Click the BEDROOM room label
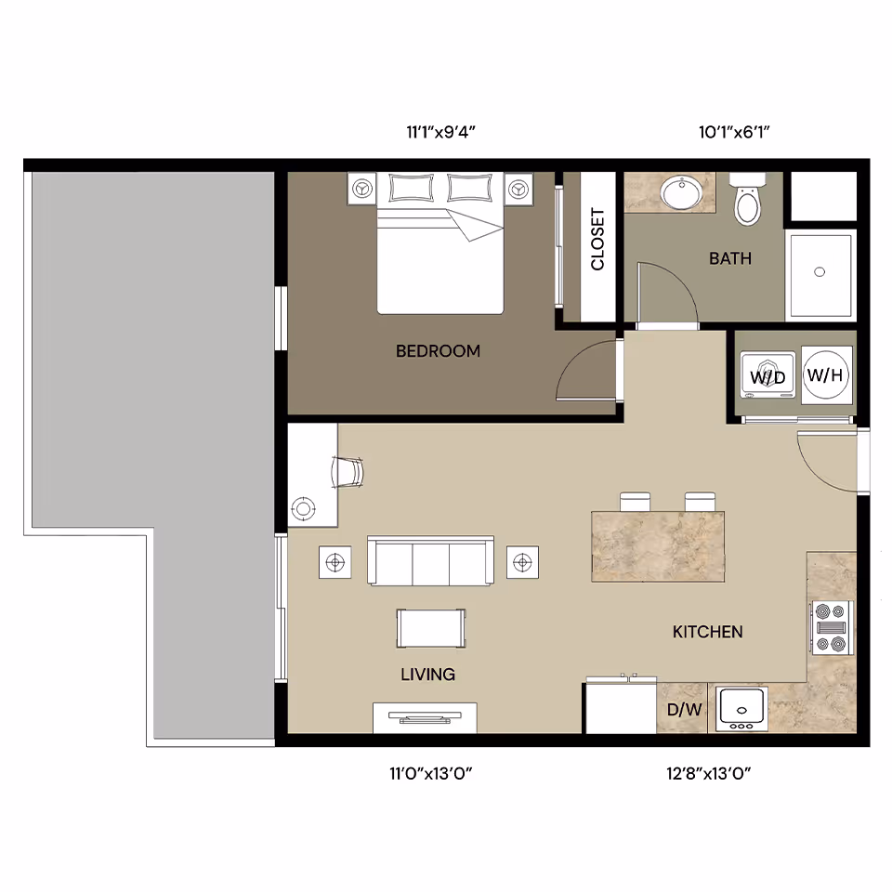438,351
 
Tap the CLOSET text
597,239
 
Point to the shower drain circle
820,271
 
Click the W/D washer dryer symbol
767,376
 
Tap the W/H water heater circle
826,375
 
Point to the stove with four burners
832,628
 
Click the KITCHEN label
707,632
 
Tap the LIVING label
427,675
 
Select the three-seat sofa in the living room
431,560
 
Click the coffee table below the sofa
431,627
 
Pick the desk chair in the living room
348,472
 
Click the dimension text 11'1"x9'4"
440,132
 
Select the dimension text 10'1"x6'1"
734,132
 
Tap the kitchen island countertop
657,546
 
